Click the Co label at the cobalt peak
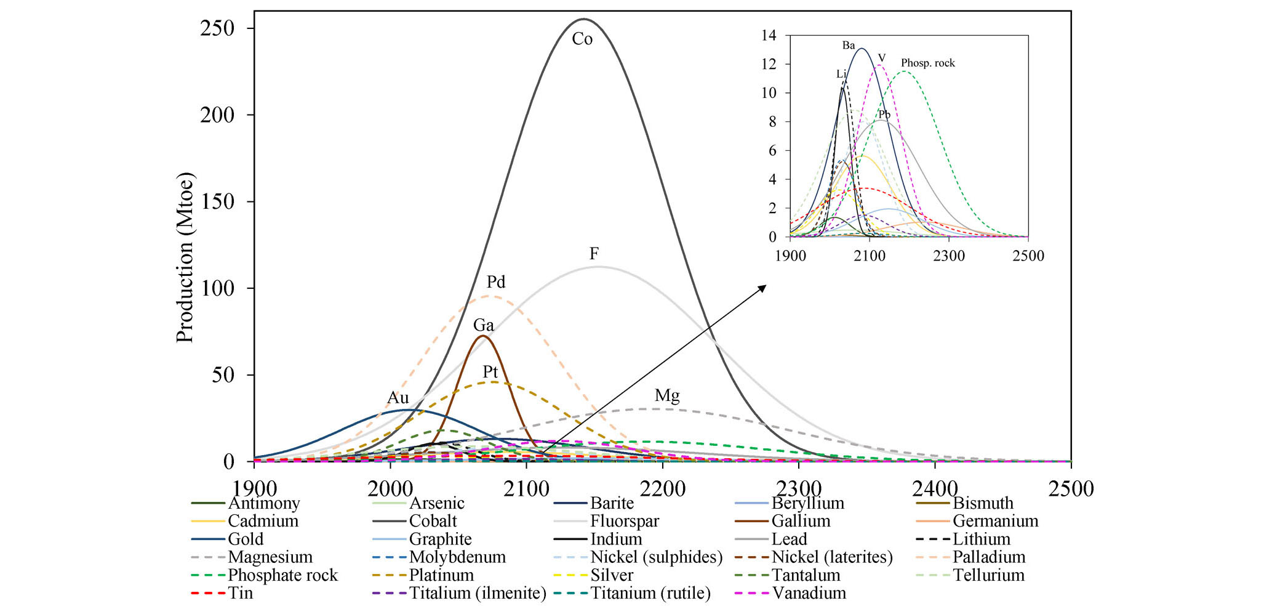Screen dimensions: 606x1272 (x=582, y=39)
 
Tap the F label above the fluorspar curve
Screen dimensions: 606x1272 (x=594, y=254)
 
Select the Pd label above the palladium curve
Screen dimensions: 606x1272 (x=496, y=282)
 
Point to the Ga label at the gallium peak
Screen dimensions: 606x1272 (x=483, y=325)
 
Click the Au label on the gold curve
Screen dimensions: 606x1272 (x=398, y=398)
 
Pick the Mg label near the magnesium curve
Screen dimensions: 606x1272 (x=667, y=395)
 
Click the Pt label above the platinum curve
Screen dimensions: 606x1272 (x=490, y=372)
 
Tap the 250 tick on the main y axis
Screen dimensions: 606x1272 (x=217, y=28)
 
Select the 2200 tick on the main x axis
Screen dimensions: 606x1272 (x=662, y=489)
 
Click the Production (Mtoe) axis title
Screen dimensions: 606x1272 (x=185, y=257)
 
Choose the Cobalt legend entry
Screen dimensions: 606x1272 (x=433, y=521)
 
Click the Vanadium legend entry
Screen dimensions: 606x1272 (x=809, y=593)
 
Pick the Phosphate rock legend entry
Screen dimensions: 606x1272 (x=282, y=575)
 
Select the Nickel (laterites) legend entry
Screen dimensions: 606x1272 (x=832, y=557)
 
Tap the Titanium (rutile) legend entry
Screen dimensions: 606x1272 (x=650, y=593)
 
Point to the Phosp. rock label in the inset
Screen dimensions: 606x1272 (x=927, y=63)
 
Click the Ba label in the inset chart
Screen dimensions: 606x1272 (x=849, y=46)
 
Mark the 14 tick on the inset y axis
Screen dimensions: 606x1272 (x=769, y=36)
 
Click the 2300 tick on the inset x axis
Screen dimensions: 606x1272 (x=948, y=256)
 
